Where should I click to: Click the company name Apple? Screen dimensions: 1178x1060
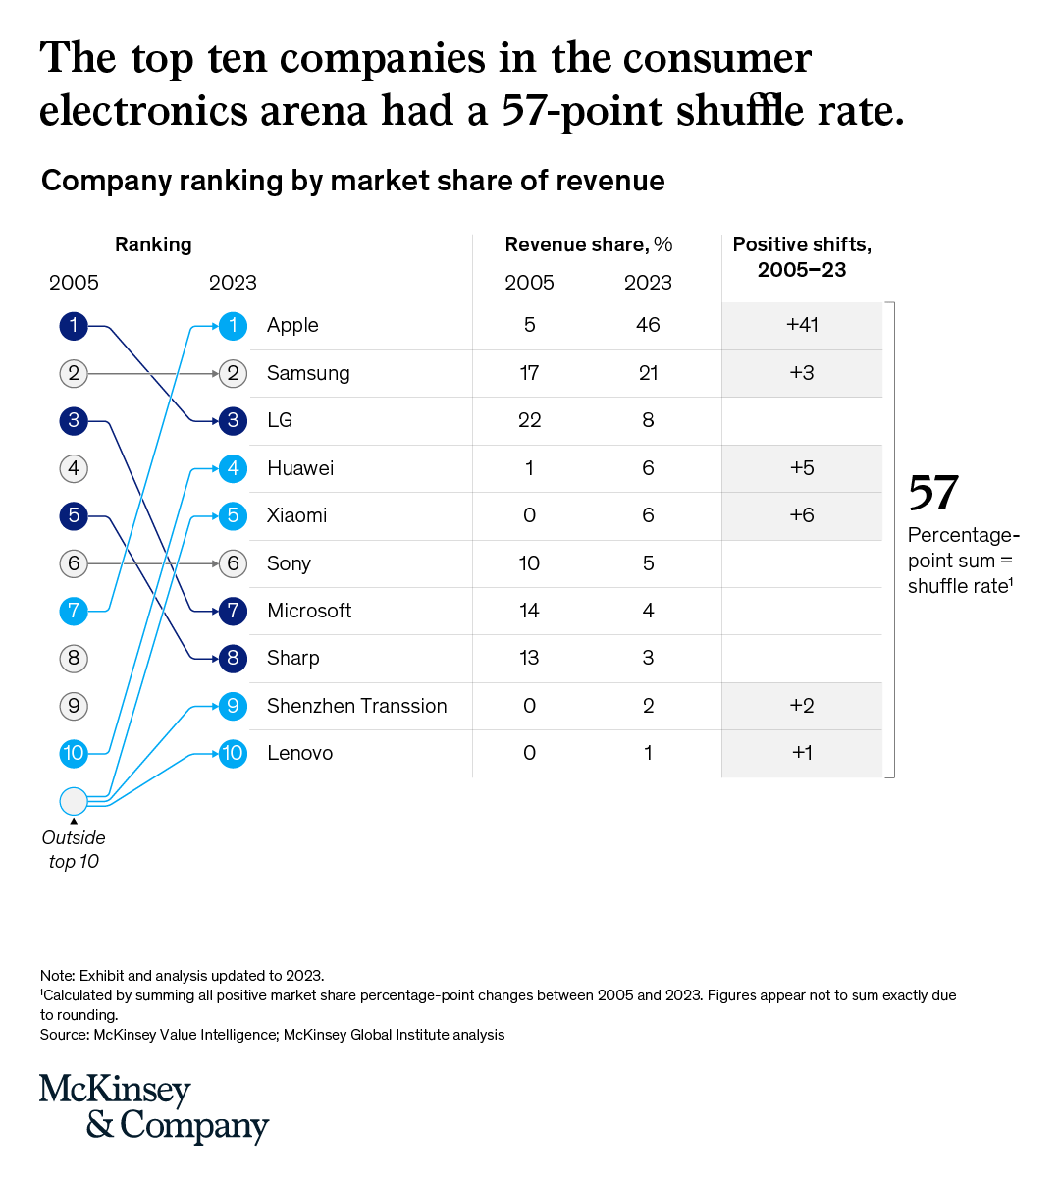tap(292, 325)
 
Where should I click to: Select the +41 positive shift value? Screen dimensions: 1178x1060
tap(802, 325)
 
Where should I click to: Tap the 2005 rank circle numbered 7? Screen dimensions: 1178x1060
tap(74, 611)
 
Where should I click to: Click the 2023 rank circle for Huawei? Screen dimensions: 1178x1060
tap(233, 468)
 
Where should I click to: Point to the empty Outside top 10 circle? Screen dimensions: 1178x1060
tap(74, 801)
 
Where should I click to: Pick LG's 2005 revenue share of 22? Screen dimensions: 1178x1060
tap(529, 420)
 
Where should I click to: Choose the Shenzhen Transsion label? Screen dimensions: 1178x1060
tap(356, 706)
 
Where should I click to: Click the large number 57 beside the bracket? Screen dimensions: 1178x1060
tap(932, 493)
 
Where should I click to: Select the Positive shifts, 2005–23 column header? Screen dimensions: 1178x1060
tap(802, 257)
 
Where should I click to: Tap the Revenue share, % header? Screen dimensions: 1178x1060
tap(588, 244)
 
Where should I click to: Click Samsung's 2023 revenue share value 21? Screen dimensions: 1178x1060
tap(648, 373)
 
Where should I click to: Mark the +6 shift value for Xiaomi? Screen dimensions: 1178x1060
tap(802, 515)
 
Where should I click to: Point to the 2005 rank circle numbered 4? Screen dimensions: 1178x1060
tap(74, 468)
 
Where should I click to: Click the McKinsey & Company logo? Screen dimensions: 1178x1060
tap(153, 1107)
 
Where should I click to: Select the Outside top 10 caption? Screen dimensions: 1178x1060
tap(74, 849)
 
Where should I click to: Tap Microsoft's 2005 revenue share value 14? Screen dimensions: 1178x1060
tap(529, 611)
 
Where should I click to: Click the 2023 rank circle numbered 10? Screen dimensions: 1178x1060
tap(233, 753)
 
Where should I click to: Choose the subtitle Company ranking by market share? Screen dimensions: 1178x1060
tap(352, 181)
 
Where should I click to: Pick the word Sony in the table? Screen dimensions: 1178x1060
tap(289, 563)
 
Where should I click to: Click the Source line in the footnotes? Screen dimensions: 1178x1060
tap(272, 1035)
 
